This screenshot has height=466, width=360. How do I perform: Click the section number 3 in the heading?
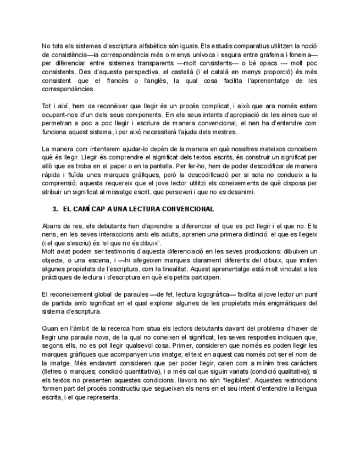pos(55,210)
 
